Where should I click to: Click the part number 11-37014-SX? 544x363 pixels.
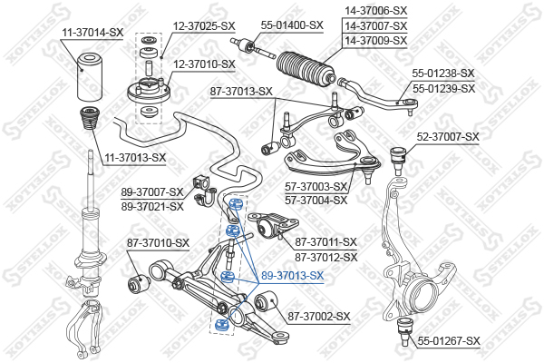pos(92,33)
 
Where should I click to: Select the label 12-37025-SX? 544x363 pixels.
pos(204,25)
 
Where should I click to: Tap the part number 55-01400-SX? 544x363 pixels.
pos(292,25)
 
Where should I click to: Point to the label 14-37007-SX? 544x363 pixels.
pos(376,25)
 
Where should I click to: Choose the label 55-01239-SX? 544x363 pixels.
pos(443,89)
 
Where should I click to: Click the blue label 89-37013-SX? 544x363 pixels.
pos(292,276)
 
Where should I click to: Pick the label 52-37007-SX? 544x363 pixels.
pos(448,137)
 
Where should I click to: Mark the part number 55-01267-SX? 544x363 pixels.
pos(449,341)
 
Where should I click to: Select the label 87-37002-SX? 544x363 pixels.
pos(319,317)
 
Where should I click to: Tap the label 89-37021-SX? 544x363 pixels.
pos(152,207)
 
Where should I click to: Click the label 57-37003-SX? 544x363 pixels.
pos(316,187)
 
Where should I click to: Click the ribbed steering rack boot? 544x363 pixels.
pos(306,68)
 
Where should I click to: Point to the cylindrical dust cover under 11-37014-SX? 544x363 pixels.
pos(89,77)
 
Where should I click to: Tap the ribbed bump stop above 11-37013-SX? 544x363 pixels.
pos(89,118)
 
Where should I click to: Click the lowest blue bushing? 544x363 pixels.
pos(221,325)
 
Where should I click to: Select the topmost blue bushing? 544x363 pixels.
pos(236,203)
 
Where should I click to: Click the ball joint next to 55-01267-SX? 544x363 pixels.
pos(403,330)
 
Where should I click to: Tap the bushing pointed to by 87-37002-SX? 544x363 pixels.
pos(266,301)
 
